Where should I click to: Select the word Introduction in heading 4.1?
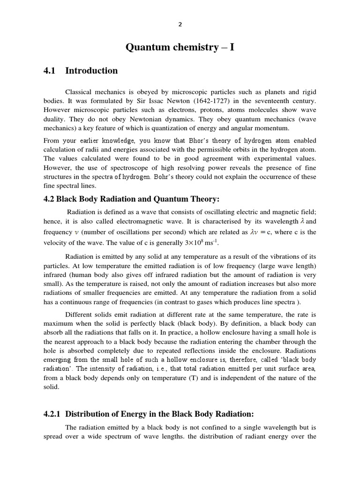[x=91, y=71]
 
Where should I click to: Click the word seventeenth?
[x=267, y=101]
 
